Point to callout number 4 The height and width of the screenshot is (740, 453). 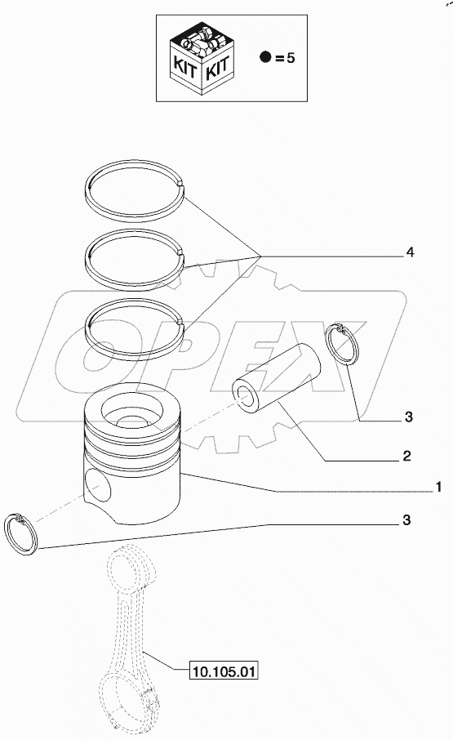410,254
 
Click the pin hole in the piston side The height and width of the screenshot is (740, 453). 99,491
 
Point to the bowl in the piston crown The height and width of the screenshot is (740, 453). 131,424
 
